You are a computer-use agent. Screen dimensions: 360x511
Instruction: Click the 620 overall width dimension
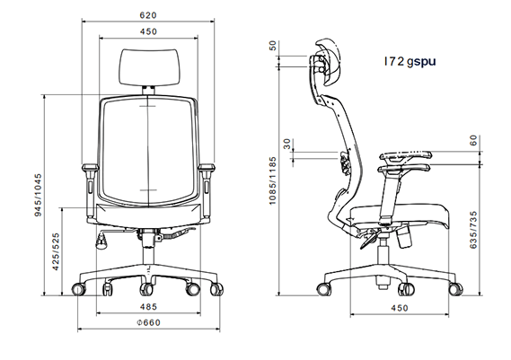(148, 15)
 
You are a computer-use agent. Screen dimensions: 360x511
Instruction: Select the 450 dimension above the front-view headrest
(148, 32)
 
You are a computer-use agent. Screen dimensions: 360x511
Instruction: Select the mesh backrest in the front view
(148, 148)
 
